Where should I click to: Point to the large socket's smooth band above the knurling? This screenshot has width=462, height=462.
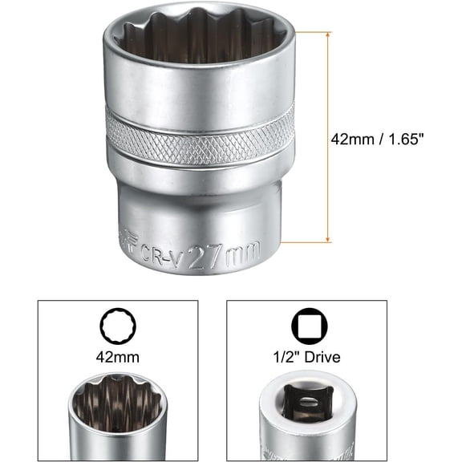[201, 88]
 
